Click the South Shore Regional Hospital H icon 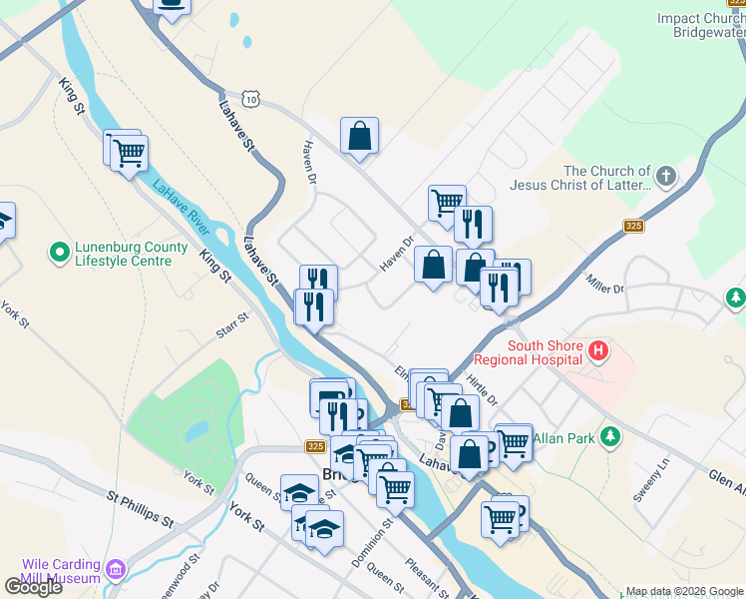point(598,351)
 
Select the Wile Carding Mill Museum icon point(117,569)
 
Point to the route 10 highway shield point(252,99)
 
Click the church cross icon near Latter point(666,179)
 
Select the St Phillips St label point(141,507)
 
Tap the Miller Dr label point(604,284)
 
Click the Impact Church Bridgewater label point(701,25)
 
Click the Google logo point(32,587)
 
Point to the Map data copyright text point(683,591)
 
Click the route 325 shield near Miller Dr point(631,227)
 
